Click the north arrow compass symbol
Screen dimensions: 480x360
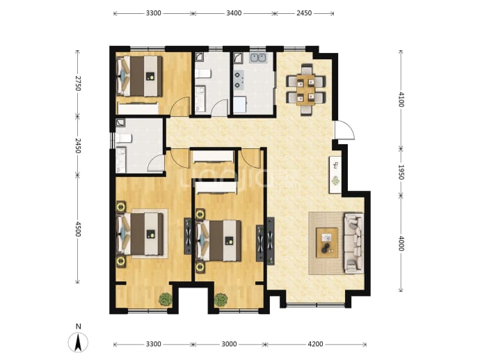coord(78,342)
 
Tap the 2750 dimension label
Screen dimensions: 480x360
coord(77,84)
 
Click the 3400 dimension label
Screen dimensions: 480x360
coord(234,13)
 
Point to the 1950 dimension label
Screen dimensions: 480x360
coord(401,172)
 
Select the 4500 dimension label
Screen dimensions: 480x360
coord(77,228)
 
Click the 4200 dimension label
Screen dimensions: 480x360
coord(315,344)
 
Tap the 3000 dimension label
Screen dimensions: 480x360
coord(229,344)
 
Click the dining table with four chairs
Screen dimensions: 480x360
coord(305,89)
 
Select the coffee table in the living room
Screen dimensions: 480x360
coord(327,242)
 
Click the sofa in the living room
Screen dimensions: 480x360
coord(354,243)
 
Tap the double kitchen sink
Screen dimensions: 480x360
coord(258,58)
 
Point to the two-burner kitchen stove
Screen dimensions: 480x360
coord(239,80)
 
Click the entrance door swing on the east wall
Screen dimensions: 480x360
coord(344,130)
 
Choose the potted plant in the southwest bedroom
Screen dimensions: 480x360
coord(166,299)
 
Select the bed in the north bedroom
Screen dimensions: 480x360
coord(140,76)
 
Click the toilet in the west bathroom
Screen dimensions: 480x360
coord(123,138)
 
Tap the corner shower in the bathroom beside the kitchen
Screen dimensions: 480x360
coord(199,58)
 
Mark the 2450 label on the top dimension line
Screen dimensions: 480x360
coord(304,13)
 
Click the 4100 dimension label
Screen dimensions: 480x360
coord(401,99)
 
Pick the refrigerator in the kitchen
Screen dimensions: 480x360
coord(240,104)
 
